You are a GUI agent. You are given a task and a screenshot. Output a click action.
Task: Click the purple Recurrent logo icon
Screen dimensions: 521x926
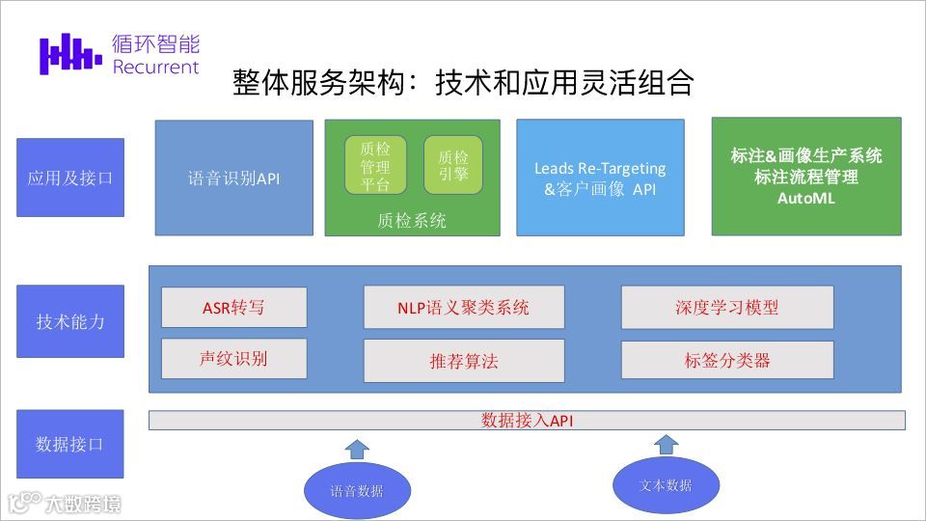tap(70, 54)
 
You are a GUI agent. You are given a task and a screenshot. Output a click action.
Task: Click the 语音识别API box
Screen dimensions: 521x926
tap(234, 178)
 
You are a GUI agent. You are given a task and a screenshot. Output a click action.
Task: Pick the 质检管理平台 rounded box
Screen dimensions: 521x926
tap(375, 165)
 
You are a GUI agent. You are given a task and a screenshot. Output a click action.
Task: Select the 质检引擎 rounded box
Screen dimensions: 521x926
tap(452, 165)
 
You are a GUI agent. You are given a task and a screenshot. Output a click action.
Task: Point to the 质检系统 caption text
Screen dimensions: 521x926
tap(412, 221)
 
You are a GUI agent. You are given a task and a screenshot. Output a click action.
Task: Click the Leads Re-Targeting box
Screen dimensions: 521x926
tap(600, 178)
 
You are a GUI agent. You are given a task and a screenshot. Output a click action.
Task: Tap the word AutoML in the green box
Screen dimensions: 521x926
tap(805, 198)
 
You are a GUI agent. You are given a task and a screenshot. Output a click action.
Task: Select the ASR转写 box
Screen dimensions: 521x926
tap(233, 308)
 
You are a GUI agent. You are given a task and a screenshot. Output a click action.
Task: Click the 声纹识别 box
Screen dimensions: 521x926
tap(233, 359)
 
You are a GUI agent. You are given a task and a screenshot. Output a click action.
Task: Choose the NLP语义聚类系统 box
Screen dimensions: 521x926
tap(463, 308)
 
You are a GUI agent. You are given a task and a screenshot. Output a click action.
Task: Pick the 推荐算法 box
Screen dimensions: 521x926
tap(463, 362)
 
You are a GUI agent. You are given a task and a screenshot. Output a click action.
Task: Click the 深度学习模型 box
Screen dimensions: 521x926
tap(726, 308)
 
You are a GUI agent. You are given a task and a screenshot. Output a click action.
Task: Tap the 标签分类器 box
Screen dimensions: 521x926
tap(726, 360)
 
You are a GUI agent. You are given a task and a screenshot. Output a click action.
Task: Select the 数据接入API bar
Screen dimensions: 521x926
tap(527, 421)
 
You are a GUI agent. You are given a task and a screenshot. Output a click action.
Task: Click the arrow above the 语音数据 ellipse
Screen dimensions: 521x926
tap(357, 448)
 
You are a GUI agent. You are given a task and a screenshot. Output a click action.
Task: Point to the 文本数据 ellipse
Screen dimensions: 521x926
tap(666, 485)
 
